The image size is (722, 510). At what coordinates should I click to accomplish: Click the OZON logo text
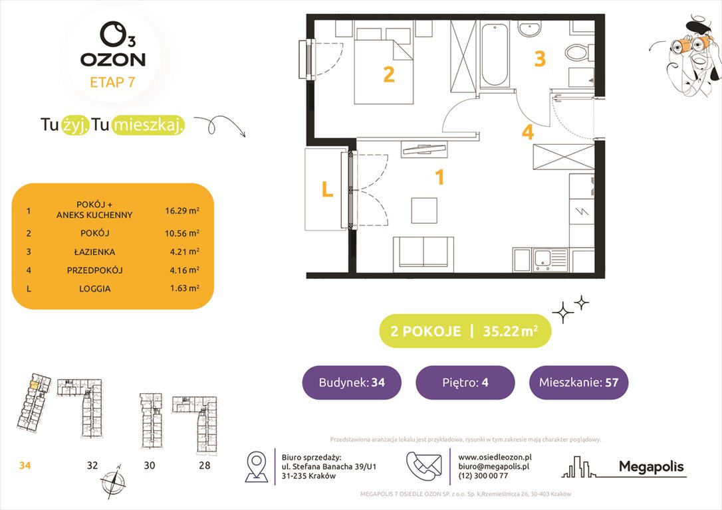(x=113, y=58)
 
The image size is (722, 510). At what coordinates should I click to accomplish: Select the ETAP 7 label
(x=113, y=84)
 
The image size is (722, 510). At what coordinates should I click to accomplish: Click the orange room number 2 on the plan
(x=389, y=74)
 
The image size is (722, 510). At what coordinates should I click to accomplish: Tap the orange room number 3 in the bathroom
(x=540, y=59)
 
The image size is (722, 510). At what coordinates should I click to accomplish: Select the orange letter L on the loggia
(x=327, y=191)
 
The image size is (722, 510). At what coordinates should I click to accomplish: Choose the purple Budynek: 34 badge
(x=352, y=382)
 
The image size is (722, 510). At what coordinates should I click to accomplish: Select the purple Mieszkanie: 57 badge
(x=578, y=382)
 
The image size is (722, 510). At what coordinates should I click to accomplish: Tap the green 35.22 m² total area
(x=508, y=331)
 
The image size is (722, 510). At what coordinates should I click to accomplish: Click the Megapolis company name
(x=651, y=466)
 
